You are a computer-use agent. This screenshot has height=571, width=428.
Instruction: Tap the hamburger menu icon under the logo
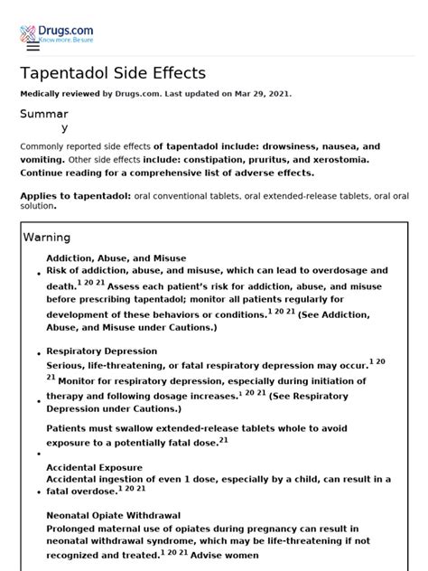(x=33, y=45)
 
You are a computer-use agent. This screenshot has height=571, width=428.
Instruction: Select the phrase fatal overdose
(x=79, y=491)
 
